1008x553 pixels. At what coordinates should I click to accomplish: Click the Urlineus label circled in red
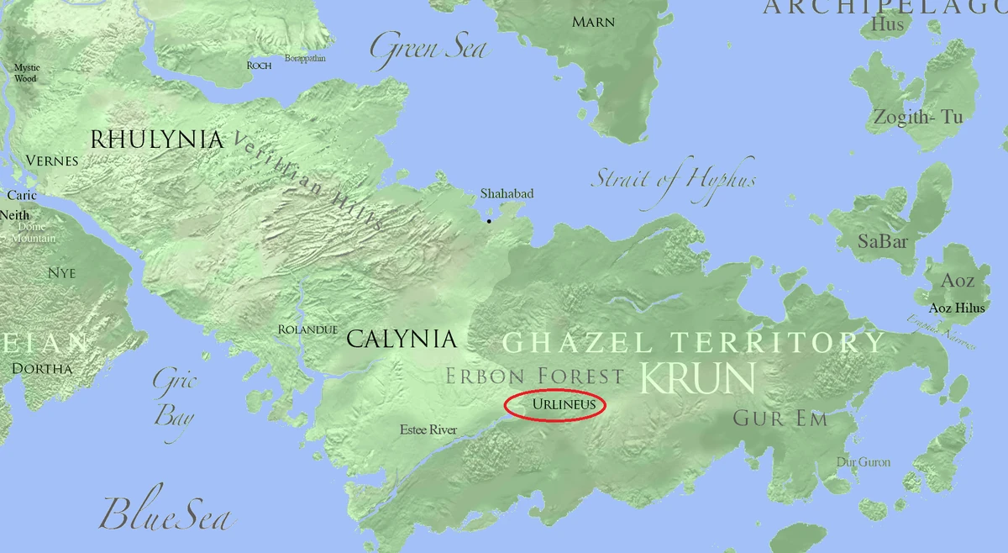pyautogui.click(x=564, y=404)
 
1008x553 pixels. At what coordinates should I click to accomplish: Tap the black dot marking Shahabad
pyautogui.click(x=489, y=221)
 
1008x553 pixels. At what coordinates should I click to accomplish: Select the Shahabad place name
pyautogui.click(x=507, y=194)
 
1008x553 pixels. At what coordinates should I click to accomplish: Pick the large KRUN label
pyautogui.click(x=696, y=378)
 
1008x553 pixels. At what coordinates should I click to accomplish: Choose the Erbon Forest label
pyautogui.click(x=534, y=376)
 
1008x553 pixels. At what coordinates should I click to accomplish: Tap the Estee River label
pyautogui.click(x=428, y=430)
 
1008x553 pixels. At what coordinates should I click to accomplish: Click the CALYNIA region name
pyautogui.click(x=402, y=340)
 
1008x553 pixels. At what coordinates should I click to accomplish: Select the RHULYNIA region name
pyautogui.click(x=157, y=140)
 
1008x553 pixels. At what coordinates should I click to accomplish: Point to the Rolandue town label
pyautogui.click(x=307, y=329)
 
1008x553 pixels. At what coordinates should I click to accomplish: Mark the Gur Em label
pyautogui.click(x=780, y=419)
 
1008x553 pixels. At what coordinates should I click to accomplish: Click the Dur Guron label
pyautogui.click(x=864, y=462)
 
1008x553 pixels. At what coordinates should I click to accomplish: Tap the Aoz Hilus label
pyautogui.click(x=957, y=308)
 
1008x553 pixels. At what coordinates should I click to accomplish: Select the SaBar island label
pyautogui.click(x=883, y=242)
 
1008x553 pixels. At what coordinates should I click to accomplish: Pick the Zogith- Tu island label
pyautogui.click(x=917, y=117)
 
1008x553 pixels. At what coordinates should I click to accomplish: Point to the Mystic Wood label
pyautogui.click(x=26, y=73)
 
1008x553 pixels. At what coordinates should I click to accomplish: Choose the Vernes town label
pyautogui.click(x=52, y=161)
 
